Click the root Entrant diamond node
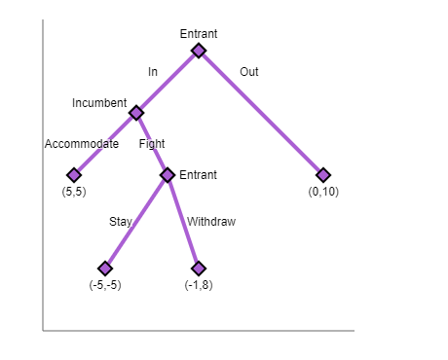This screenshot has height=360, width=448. point(199,51)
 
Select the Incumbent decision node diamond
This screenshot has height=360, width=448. point(136,113)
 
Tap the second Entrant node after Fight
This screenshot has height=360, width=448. point(168,175)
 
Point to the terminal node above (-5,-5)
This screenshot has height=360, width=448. point(105,268)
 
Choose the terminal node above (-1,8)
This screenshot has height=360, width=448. point(199,268)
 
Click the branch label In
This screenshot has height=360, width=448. point(153,72)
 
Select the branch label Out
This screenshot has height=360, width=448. point(248,72)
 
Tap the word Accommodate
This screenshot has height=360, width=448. point(82,144)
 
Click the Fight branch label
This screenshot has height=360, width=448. point(152,144)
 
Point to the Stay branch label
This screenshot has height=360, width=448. point(121,222)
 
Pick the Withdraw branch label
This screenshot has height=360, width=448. point(211,222)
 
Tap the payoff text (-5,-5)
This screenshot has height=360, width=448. point(105,284)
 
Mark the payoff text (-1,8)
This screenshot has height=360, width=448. point(199,284)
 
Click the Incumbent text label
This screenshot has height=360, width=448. point(99,102)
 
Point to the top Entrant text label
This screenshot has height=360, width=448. point(199,34)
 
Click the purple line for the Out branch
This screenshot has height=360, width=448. point(261,113)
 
